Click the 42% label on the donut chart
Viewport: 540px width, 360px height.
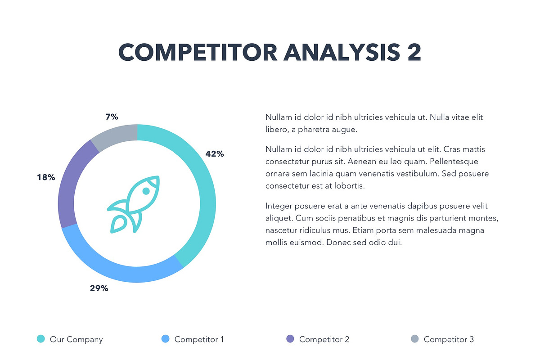tap(215, 154)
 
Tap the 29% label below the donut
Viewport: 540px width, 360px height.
tap(99, 288)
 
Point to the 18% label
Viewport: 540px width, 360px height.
tap(46, 177)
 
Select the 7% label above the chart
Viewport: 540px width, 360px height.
tap(112, 117)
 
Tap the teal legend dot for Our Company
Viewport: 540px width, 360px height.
tap(40, 339)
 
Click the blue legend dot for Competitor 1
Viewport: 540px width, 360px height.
tap(165, 339)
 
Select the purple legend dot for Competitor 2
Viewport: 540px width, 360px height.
tap(290, 339)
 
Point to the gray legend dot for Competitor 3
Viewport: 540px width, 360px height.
tap(414, 339)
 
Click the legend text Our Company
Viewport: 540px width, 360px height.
tap(76, 339)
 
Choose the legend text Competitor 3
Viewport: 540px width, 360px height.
tap(449, 339)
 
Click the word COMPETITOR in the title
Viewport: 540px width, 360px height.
tap(198, 53)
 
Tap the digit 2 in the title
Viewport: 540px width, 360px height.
tap(414, 53)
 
